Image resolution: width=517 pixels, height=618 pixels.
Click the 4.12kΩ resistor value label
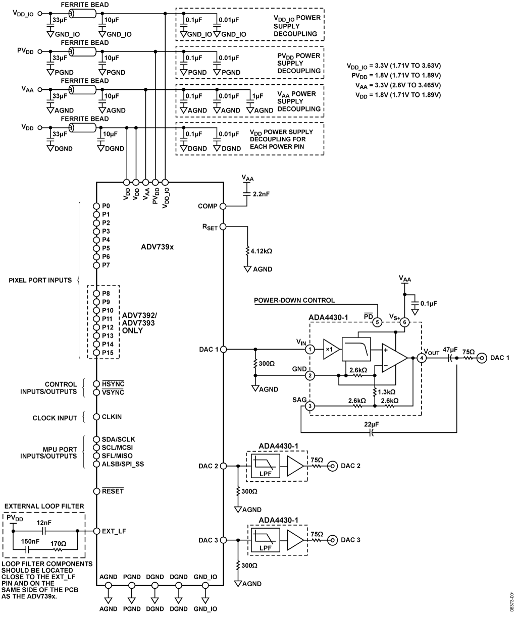(x=261, y=251)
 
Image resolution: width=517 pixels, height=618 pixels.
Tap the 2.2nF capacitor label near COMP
(x=261, y=194)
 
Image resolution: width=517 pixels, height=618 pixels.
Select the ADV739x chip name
(x=157, y=247)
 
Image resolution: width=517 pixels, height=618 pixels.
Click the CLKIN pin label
(x=112, y=417)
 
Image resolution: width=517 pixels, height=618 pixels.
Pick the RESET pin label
(x=113, y=491)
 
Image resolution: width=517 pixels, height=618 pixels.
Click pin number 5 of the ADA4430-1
(x=377, y=322)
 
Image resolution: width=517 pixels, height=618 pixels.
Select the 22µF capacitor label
(x=372, y=425)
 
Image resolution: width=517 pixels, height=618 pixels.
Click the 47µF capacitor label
(x=450, y=350)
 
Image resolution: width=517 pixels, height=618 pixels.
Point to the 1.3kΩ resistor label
(x=386, y=392)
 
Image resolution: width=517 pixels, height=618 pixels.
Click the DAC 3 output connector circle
(x=332, y=540)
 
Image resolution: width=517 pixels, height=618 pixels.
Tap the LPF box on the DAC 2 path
(x=266, y=466)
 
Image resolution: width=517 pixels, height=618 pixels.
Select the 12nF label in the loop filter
(x=44, y=523)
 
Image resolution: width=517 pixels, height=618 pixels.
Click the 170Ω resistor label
(x=59, y=544)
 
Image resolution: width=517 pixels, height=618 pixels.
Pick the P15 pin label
(x=108, y=353)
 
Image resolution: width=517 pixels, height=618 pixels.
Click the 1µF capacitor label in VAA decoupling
(x=257, y=96)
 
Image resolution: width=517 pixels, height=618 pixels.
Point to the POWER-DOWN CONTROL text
(x=294, y=300)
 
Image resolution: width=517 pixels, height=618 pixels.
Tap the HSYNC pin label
(x=113, y=383)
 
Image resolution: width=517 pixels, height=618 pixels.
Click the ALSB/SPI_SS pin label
(x=123, y=464)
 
